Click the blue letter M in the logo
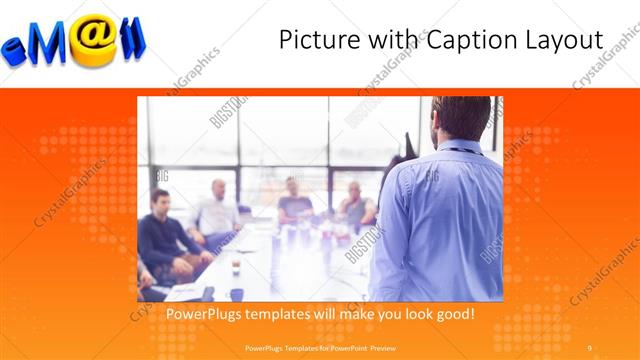[x=52, y=42]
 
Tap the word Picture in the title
[x=314, y=40]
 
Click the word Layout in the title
[x=566, y=40]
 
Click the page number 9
[x=590, y=347]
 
